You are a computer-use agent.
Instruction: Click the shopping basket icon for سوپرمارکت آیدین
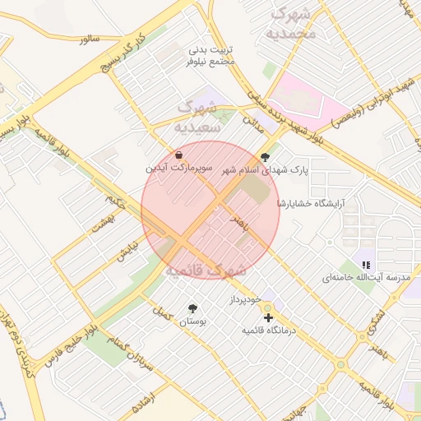click(x=178, y=155)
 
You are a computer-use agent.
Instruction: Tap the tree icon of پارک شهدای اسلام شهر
click(x=264, y=156)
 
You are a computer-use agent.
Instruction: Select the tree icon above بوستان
click(x=192, y=308)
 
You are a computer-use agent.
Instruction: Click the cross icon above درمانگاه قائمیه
click(x=268, y=317)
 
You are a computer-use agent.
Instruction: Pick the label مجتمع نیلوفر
click(x=211, y=61)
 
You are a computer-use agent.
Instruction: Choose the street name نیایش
click(x=126, y=249)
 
